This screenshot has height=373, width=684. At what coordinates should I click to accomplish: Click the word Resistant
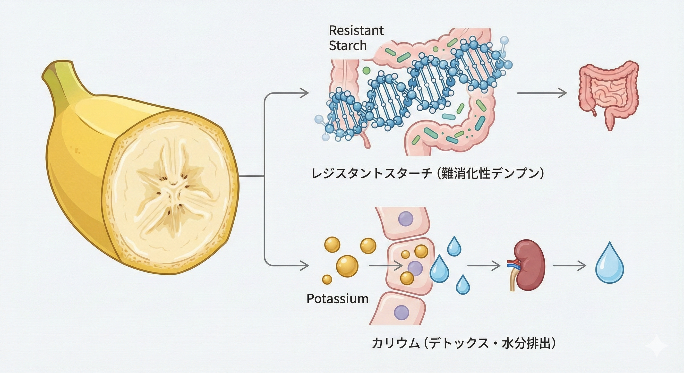click(x=356, y=31)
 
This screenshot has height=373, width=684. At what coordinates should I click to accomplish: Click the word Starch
click(x=348, y=46)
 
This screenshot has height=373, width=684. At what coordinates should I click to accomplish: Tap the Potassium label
click(x=337, y=299)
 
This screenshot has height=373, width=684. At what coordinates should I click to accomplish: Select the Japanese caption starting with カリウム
click(x=463, y=344)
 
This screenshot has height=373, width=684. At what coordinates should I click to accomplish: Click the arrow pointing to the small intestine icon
click(x=542, y=93)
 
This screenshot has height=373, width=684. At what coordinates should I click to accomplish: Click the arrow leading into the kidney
click(x=483, y=266)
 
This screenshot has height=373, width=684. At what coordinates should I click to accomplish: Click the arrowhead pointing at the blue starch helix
click(x=305, y=93)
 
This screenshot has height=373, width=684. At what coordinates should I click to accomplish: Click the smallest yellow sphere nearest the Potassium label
click(x=327, y=279)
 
